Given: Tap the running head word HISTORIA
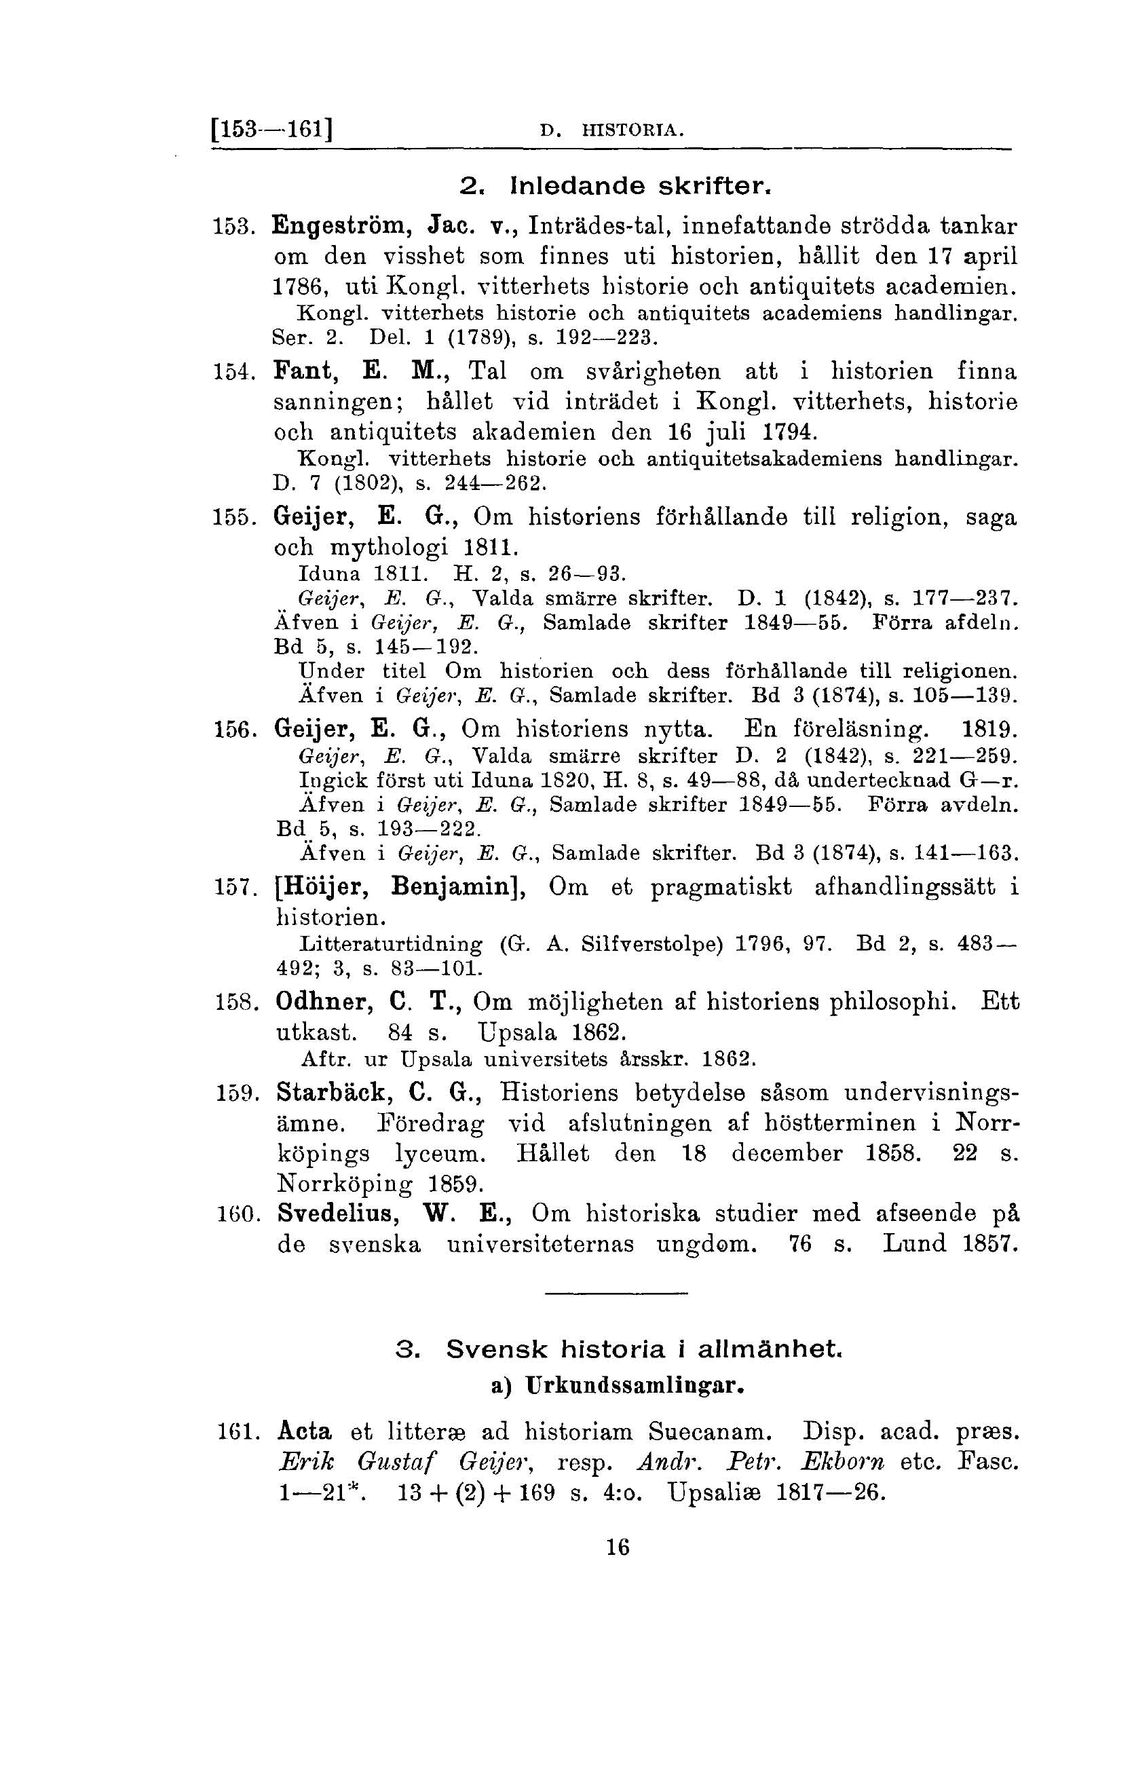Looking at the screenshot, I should click(x=632, y=132).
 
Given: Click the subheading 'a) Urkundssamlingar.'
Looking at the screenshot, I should click(x=617, y=1387).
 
